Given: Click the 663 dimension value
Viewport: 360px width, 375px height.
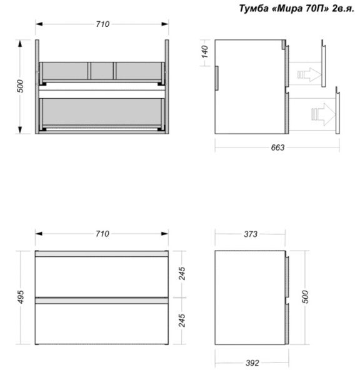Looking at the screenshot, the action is pyautogui.click(x=277, y=147).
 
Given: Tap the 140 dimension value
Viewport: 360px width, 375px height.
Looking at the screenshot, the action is pyautogui.click(x=205, y=52).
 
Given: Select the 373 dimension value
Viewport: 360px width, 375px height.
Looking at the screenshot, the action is pyautogui.click(x=251, y=234).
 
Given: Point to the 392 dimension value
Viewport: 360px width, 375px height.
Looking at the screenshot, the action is pyautogui.click(x=252, y=363).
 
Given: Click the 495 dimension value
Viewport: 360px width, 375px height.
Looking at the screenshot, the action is pyautogui.click(x=21, y=297).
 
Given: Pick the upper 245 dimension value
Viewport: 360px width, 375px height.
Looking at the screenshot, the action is pyautogui.click(x=181, y=274).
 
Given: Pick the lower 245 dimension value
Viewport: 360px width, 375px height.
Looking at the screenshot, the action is pyautogui.click(x=181, y=321).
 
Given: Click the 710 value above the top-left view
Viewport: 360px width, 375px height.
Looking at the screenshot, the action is pyautogui.click(x=102, y=24).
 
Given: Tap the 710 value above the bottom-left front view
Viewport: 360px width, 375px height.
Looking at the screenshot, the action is pyautogui.click(x=102, y=234).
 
